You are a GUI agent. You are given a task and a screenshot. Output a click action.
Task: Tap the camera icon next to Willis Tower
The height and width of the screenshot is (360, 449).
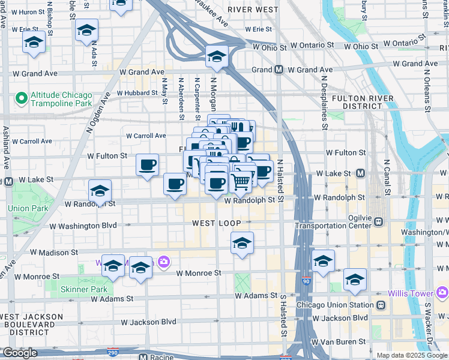coord(442,293)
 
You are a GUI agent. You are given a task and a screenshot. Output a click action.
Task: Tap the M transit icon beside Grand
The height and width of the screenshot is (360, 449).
coord(279,70)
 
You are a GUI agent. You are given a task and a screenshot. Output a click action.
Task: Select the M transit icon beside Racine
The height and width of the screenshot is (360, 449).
coord(143,356)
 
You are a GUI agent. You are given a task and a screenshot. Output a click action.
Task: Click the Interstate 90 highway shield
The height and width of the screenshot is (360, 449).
coord(306,281)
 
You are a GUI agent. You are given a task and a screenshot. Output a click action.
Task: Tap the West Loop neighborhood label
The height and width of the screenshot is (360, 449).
coord(217,223)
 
